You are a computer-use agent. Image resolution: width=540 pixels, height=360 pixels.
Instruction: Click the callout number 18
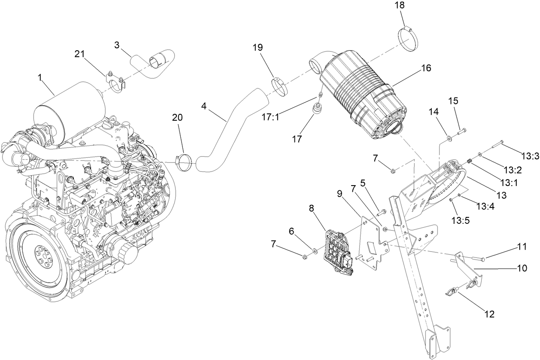pyautogui.click(x=400, y=6)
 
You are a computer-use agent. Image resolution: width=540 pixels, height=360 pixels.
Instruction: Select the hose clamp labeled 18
pyautogui.click(x=410, y=39)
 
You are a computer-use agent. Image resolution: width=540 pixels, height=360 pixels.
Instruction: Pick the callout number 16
pyautogui.click(x=426, y=68)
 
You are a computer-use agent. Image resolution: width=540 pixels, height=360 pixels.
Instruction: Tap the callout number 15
pyautogui.click(x=453, y=101)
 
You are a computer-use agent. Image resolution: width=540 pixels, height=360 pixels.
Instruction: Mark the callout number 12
pyautogui.click(x=489, y=314)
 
